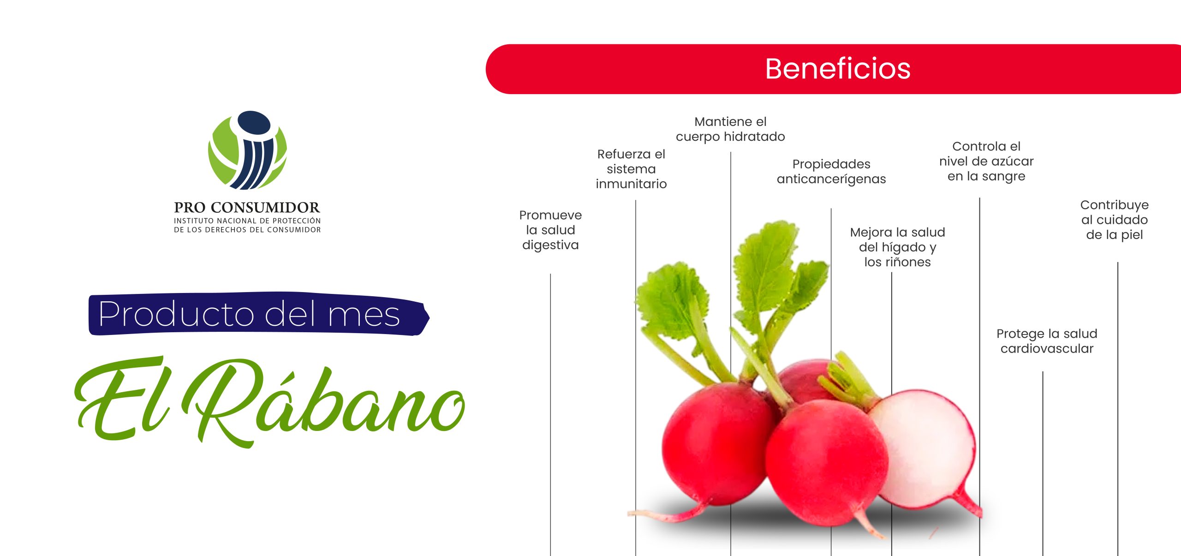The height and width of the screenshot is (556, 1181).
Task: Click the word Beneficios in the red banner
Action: pyautogui.click(x=838, y=69)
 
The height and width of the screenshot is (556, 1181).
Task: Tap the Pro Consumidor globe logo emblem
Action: pyautogui.click(x=247, y=150)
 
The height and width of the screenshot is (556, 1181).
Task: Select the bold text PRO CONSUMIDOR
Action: pyautogui.click(x=247, y=207)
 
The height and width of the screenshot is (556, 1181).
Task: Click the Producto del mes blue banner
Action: pyautogui.click(x=258, y=314)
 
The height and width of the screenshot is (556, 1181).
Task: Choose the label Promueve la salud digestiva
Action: pyautogui.click(x=550, y=230)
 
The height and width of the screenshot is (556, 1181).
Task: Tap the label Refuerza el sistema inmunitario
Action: pyautogui.click(x=631, y=169)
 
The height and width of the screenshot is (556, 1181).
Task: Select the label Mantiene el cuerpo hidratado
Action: pyautogui.click(x=730, y=129)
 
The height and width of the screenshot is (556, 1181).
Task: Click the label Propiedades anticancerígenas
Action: pyautogui.click(x=831, y=171)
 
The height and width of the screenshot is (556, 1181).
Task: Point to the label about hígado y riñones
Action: pyautogui.click(x=897, y=247)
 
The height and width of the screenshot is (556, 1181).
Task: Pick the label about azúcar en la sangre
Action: pyautogui.click(x=986, y=161)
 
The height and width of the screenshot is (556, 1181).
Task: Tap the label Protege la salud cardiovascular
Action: pyautogui.click(x=1047, y=341)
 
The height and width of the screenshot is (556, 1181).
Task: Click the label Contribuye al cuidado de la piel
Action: pyautogui.click(x=1115, y=220)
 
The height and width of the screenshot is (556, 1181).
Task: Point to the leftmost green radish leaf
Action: pyautogui.click(x=671, y=300)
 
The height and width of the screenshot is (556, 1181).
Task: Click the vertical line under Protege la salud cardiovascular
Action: pyautogui.click(x=1043, y=464)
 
